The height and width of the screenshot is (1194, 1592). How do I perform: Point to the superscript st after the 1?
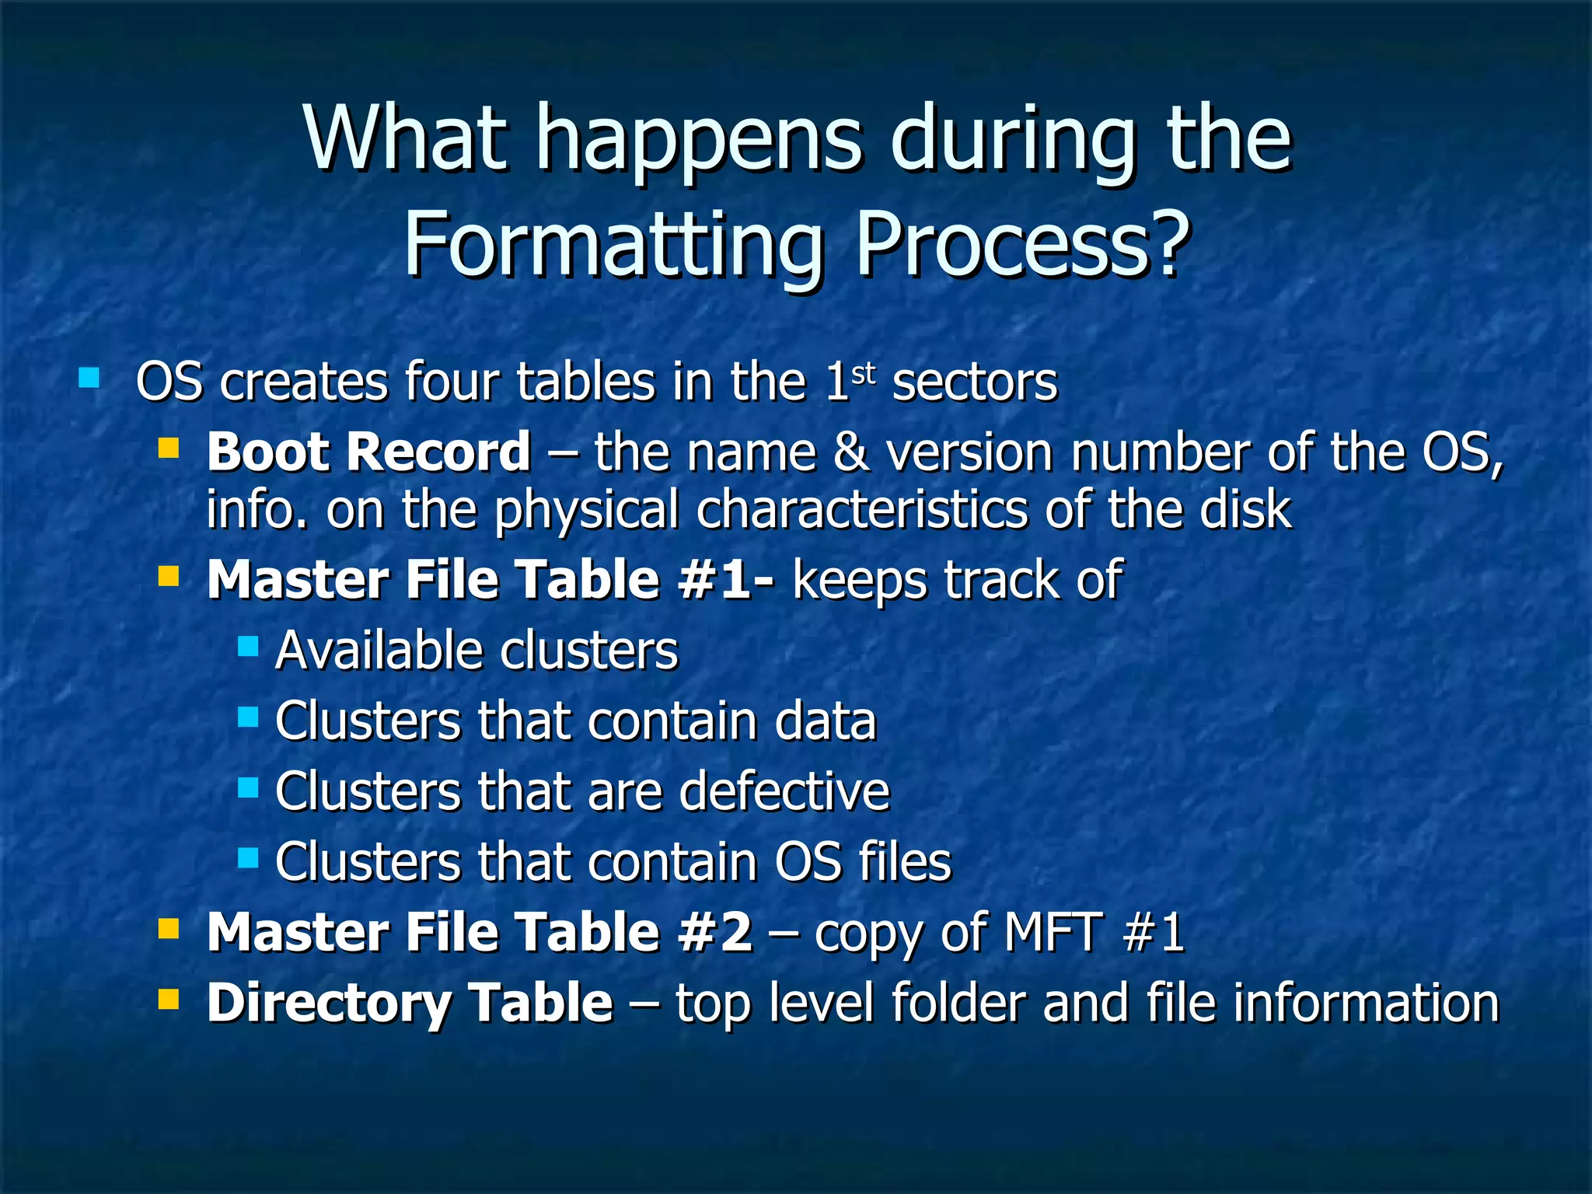(x=864, y=374)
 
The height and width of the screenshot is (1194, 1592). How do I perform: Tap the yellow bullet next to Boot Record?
(x=168, y=449)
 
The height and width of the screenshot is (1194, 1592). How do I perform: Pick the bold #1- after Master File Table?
(x=725, y=579)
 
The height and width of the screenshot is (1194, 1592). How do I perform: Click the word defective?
(x=784, y=791)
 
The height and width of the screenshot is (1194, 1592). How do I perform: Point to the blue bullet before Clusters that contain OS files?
(x=248, y=858)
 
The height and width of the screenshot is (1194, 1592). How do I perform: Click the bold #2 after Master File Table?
(x=714, y=931)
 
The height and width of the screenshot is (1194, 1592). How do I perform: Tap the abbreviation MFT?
(x=1053, y=931)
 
